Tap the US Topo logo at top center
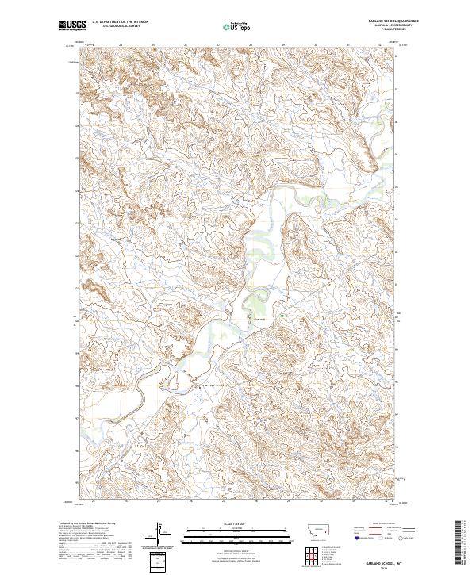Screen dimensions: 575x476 238,27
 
